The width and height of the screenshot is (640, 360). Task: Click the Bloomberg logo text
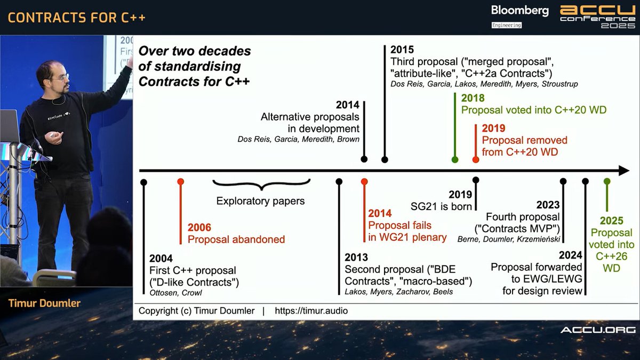[519, 11]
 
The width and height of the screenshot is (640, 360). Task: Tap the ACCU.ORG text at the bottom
[597, 330]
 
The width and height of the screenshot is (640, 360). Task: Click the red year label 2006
[199, 227]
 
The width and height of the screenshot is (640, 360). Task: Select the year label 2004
[161, 259]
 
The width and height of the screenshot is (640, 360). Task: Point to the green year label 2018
[473, 98]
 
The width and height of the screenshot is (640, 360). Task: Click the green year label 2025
[611, 221]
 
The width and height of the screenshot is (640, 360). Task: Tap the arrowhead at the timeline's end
[623, 171]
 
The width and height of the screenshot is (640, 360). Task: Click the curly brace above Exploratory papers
[261, 185]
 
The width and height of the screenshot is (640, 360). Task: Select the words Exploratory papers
[260, 202]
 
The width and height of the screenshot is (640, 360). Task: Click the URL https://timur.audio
[311, 310]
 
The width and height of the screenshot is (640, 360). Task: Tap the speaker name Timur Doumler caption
[44, 303]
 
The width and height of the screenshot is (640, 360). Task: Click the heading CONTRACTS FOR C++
[76, 17]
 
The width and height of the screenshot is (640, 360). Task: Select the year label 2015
[402, 50]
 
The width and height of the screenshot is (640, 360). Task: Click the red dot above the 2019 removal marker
[476, 159]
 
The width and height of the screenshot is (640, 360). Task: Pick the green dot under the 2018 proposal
[454, 159]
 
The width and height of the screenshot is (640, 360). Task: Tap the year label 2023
[548, 205]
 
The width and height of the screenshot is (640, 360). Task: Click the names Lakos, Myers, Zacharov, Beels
[398, 292]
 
